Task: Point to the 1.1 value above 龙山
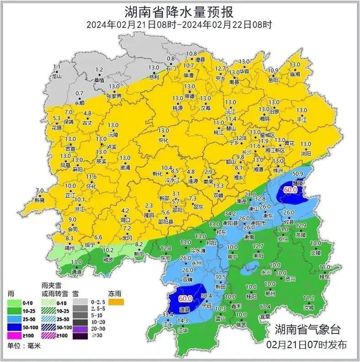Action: pos(57,67)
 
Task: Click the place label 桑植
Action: pos(99,81)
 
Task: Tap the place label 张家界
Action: pos(113,96)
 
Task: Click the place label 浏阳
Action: pos(306,153)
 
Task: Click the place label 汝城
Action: pos(309,307)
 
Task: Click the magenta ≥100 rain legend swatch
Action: pos(14,335)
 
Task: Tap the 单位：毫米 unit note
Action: pos(23,346)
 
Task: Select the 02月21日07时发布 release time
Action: pos(307,344)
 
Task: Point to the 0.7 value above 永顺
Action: pos(79,94)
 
